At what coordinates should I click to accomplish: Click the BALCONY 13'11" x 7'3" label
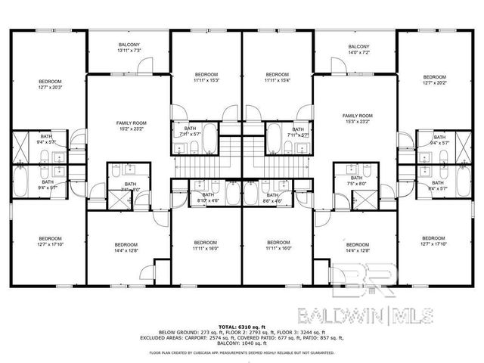(129, 48)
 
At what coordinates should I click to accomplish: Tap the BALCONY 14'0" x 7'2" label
(358, 48)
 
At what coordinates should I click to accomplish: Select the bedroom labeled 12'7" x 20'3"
(51, 85)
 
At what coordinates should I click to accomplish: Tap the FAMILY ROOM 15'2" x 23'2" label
(131, 126)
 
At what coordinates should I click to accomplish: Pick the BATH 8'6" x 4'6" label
(272, 197)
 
